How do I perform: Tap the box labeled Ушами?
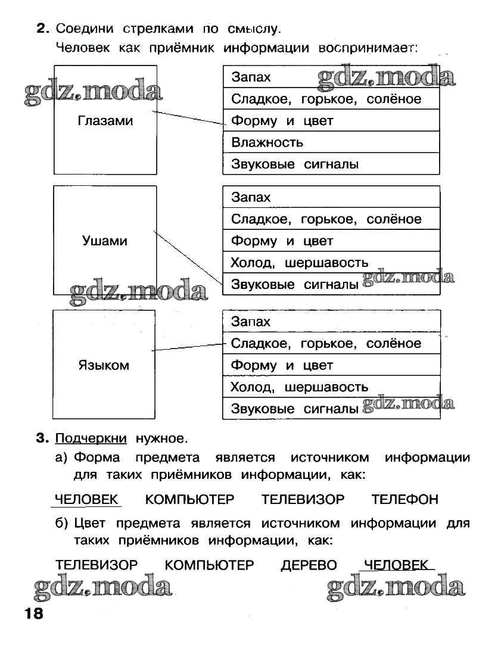tap(105, 241)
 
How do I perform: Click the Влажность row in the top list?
tap(331, 142)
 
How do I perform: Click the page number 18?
tap(33, 614)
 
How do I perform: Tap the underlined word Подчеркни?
tap(91, 439)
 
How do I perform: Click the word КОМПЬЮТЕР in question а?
tap(190, 499)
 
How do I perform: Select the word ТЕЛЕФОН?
tap(404, 499)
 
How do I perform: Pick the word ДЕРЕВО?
tap(309, 565)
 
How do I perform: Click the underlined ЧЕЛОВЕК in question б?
tap(396, 565)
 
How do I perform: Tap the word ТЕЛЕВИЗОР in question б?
tap(97, 565)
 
